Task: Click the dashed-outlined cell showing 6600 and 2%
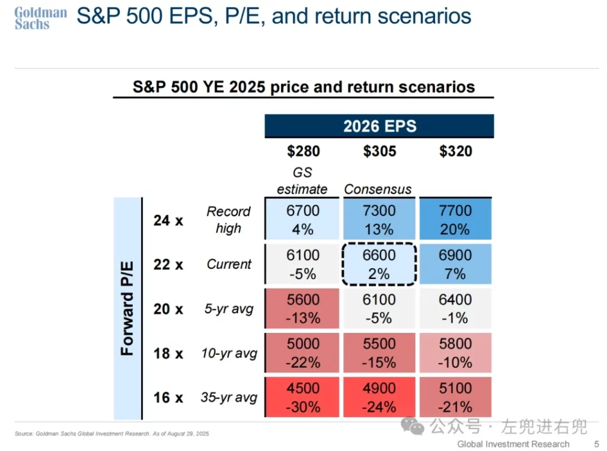tap(379, 265)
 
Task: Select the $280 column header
tap(303, 151)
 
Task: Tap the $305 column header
tap(379, 151)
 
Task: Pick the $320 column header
tap(456, 151)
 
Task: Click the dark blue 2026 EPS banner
tap(379, 126)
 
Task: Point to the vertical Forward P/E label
tap(127, 309)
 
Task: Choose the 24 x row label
tap(168, 220)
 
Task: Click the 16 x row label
tap(168, 398)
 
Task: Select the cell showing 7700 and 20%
tap(456, 220)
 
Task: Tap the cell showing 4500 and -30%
tap(303, 398)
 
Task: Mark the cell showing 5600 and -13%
tap(303, 309)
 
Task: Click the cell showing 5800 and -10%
tap(456, 353)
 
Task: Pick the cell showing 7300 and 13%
tap(379, 220)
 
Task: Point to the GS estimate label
tap(302, 181)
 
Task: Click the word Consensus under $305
tap(378, 189)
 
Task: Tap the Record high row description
tap(228, 220)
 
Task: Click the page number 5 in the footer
tap(596, 444)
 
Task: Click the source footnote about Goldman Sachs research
tap(113, 434)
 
